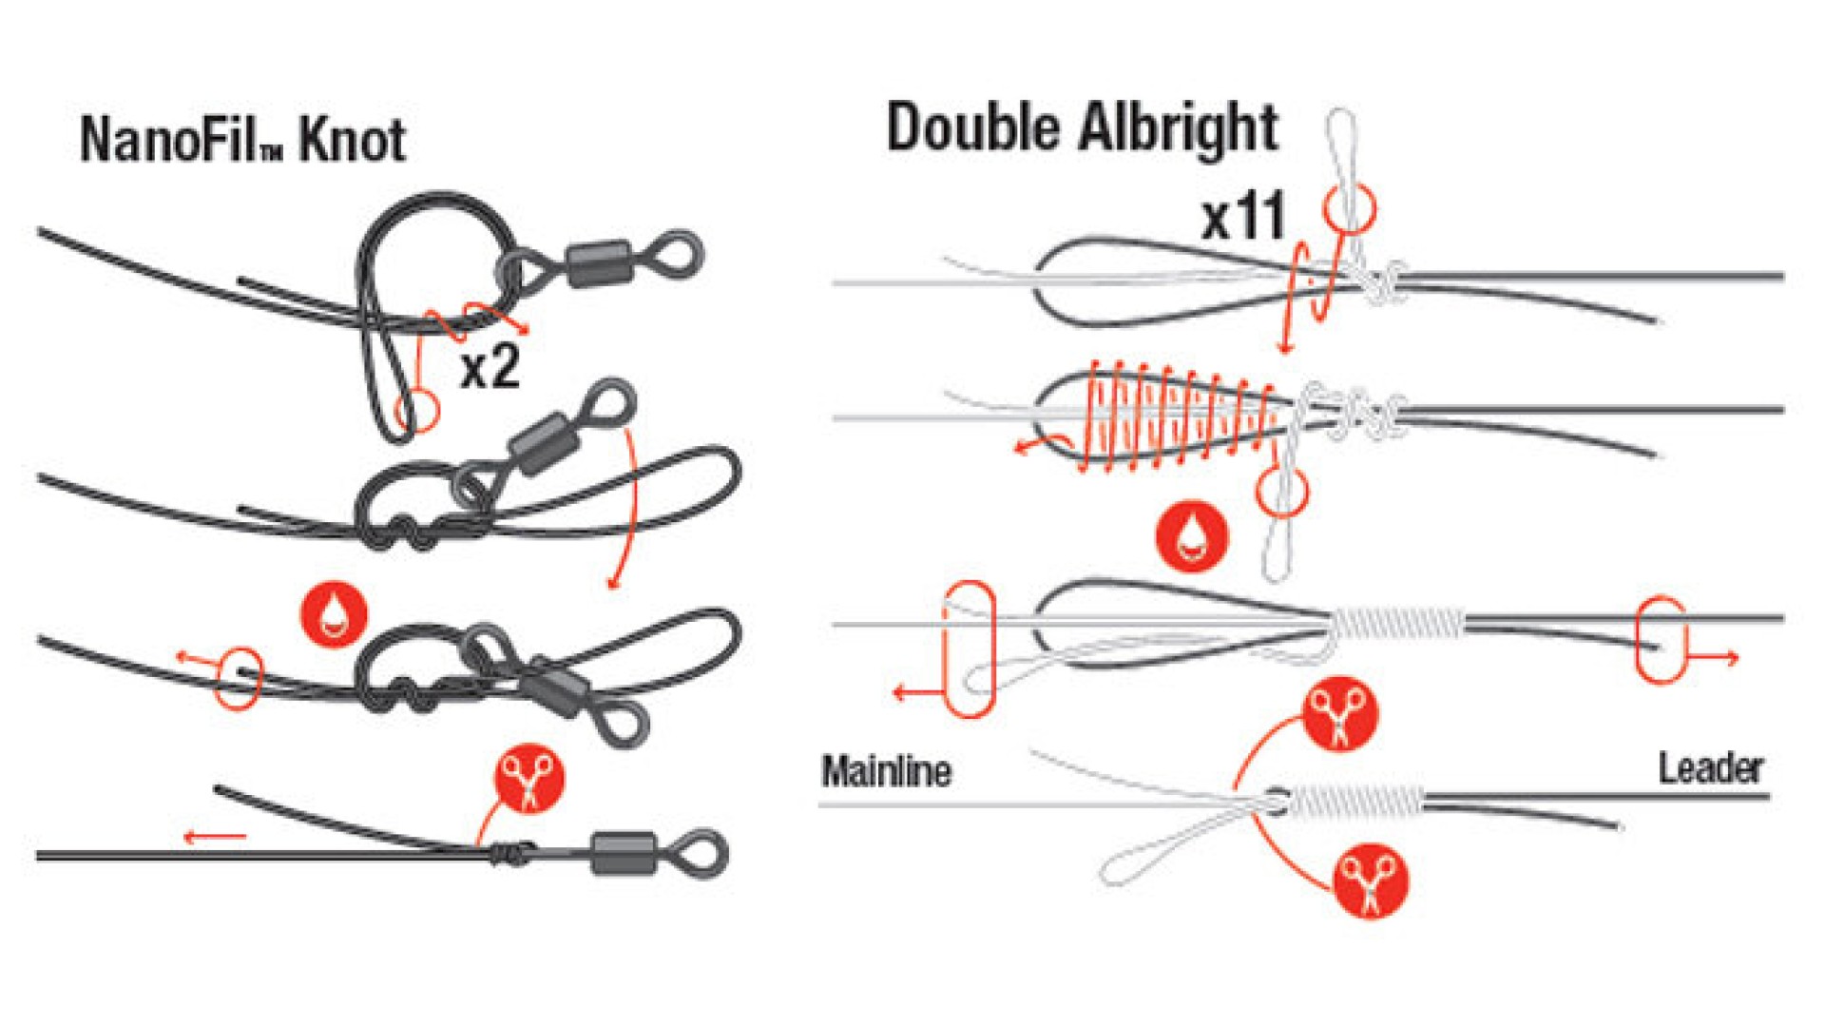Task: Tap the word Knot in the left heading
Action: (353, 140)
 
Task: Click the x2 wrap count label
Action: (490, 366)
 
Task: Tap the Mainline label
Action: (886, 771)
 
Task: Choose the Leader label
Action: (1711, 768)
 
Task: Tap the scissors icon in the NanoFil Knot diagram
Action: (529, 779)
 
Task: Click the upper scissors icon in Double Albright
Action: (1340, 714)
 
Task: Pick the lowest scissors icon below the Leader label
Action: (1371, 881)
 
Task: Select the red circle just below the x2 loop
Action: (416, 411)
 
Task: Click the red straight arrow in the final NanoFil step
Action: (215, 837)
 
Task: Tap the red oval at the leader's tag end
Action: (1661, 639)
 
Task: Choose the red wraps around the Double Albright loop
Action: (1179, 417)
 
